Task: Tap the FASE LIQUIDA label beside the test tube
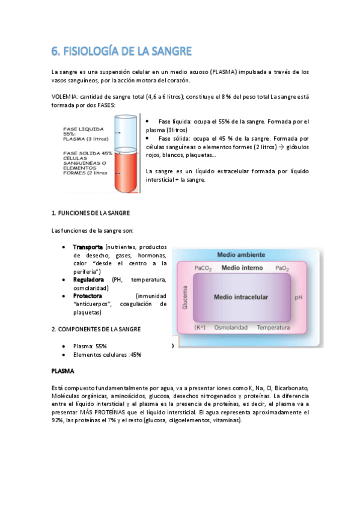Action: coord(82,129)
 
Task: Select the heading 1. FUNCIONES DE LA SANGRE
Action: coord(90,214)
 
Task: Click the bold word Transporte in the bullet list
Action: coord(88,247)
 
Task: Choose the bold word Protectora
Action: coord(88,296)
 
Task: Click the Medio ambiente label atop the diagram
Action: coord(240,255)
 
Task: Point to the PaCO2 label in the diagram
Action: coord(203,268)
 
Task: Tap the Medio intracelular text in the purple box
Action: coord(242,297)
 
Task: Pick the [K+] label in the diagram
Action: coord(200,328)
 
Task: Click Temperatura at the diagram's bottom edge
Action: coord(273,328)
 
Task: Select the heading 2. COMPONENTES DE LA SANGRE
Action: coord(96,329)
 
